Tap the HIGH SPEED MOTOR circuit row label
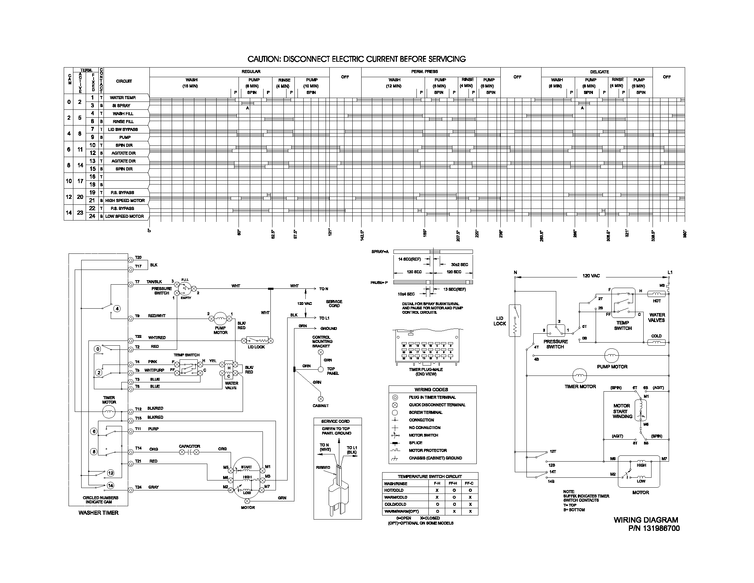coord(125,200)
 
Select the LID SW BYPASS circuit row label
coord(123,129)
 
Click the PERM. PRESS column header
coord(424,71)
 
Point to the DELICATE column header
coord(599,72)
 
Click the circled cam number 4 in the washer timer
coord(117,308)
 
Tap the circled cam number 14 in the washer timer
coord(110,485)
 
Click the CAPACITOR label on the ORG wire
coord(189,446)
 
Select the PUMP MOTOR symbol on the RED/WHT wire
coord(220,318)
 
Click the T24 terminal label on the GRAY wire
coord(138,487)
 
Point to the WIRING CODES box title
coord(431,389)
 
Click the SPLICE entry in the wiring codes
coord(415,443)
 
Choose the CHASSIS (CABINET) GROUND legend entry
coord(435,458)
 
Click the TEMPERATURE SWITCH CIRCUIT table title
coord(429,476)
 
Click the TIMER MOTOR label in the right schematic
coord(580,386)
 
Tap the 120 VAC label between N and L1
coord(591,276)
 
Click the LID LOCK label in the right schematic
coord(500,321)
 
